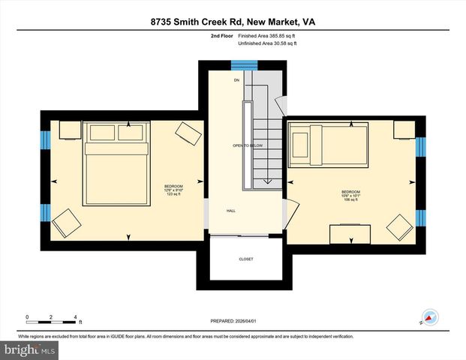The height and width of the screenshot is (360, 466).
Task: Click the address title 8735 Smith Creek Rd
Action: (x=233, y=22)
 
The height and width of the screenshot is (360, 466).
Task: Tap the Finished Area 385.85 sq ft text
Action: (x=268, y=35)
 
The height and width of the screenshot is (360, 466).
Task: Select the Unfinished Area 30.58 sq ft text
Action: (x=268, y=44)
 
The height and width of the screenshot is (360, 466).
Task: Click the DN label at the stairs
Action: (x=236, y=79)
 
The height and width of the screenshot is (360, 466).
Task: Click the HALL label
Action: (x=232, y=211)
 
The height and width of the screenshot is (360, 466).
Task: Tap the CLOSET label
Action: (x=246, y=259)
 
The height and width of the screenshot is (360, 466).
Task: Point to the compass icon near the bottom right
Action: (x=430, y=317)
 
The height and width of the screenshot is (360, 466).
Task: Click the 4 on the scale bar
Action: (x=75, y=316)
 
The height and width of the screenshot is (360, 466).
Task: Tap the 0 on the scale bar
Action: (x=27, y=316)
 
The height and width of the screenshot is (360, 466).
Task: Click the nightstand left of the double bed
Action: (x=69, y=131)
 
